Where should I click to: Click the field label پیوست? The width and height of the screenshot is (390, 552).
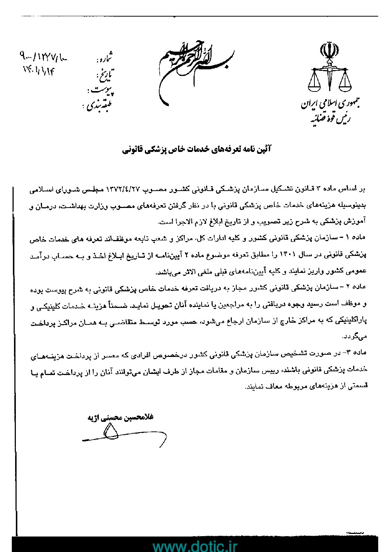[x=101, y=90]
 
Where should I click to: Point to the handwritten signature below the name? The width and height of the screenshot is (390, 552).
[x=122, y=435]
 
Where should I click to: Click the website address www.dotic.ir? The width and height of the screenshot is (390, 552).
[x=195, y=546]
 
